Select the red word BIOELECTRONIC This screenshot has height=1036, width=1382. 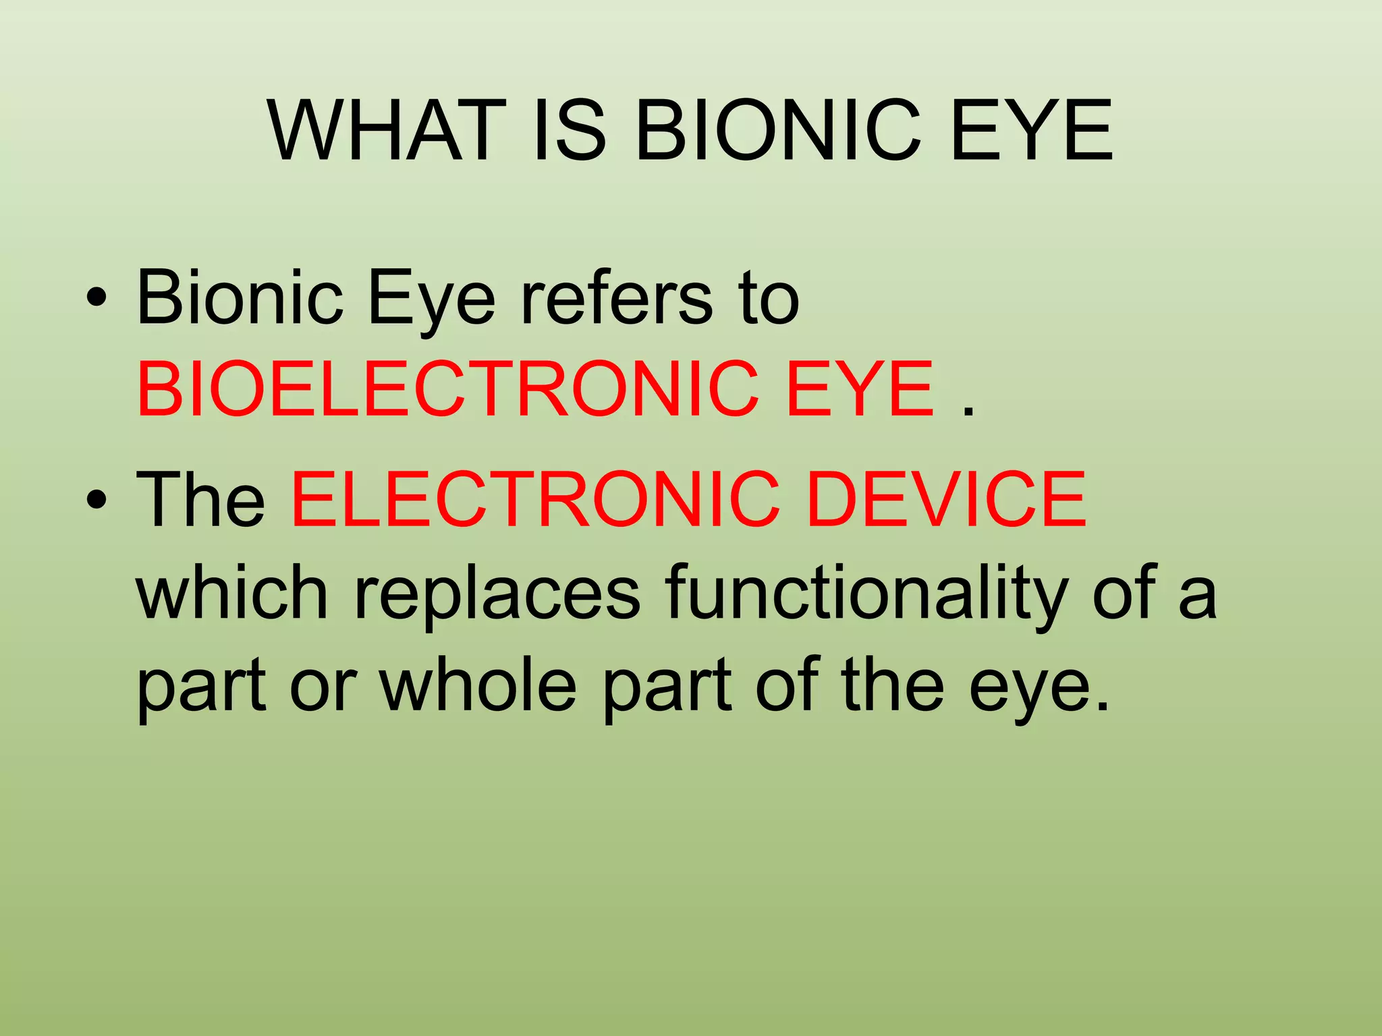click(448, 389)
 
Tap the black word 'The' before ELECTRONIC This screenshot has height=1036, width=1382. click(201, 500)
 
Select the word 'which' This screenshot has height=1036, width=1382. click(232, 594)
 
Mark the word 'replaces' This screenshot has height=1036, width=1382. click(497, 594)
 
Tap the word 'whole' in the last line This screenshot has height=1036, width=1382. click(478, 687)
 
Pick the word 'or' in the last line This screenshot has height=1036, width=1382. click(323, 687)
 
